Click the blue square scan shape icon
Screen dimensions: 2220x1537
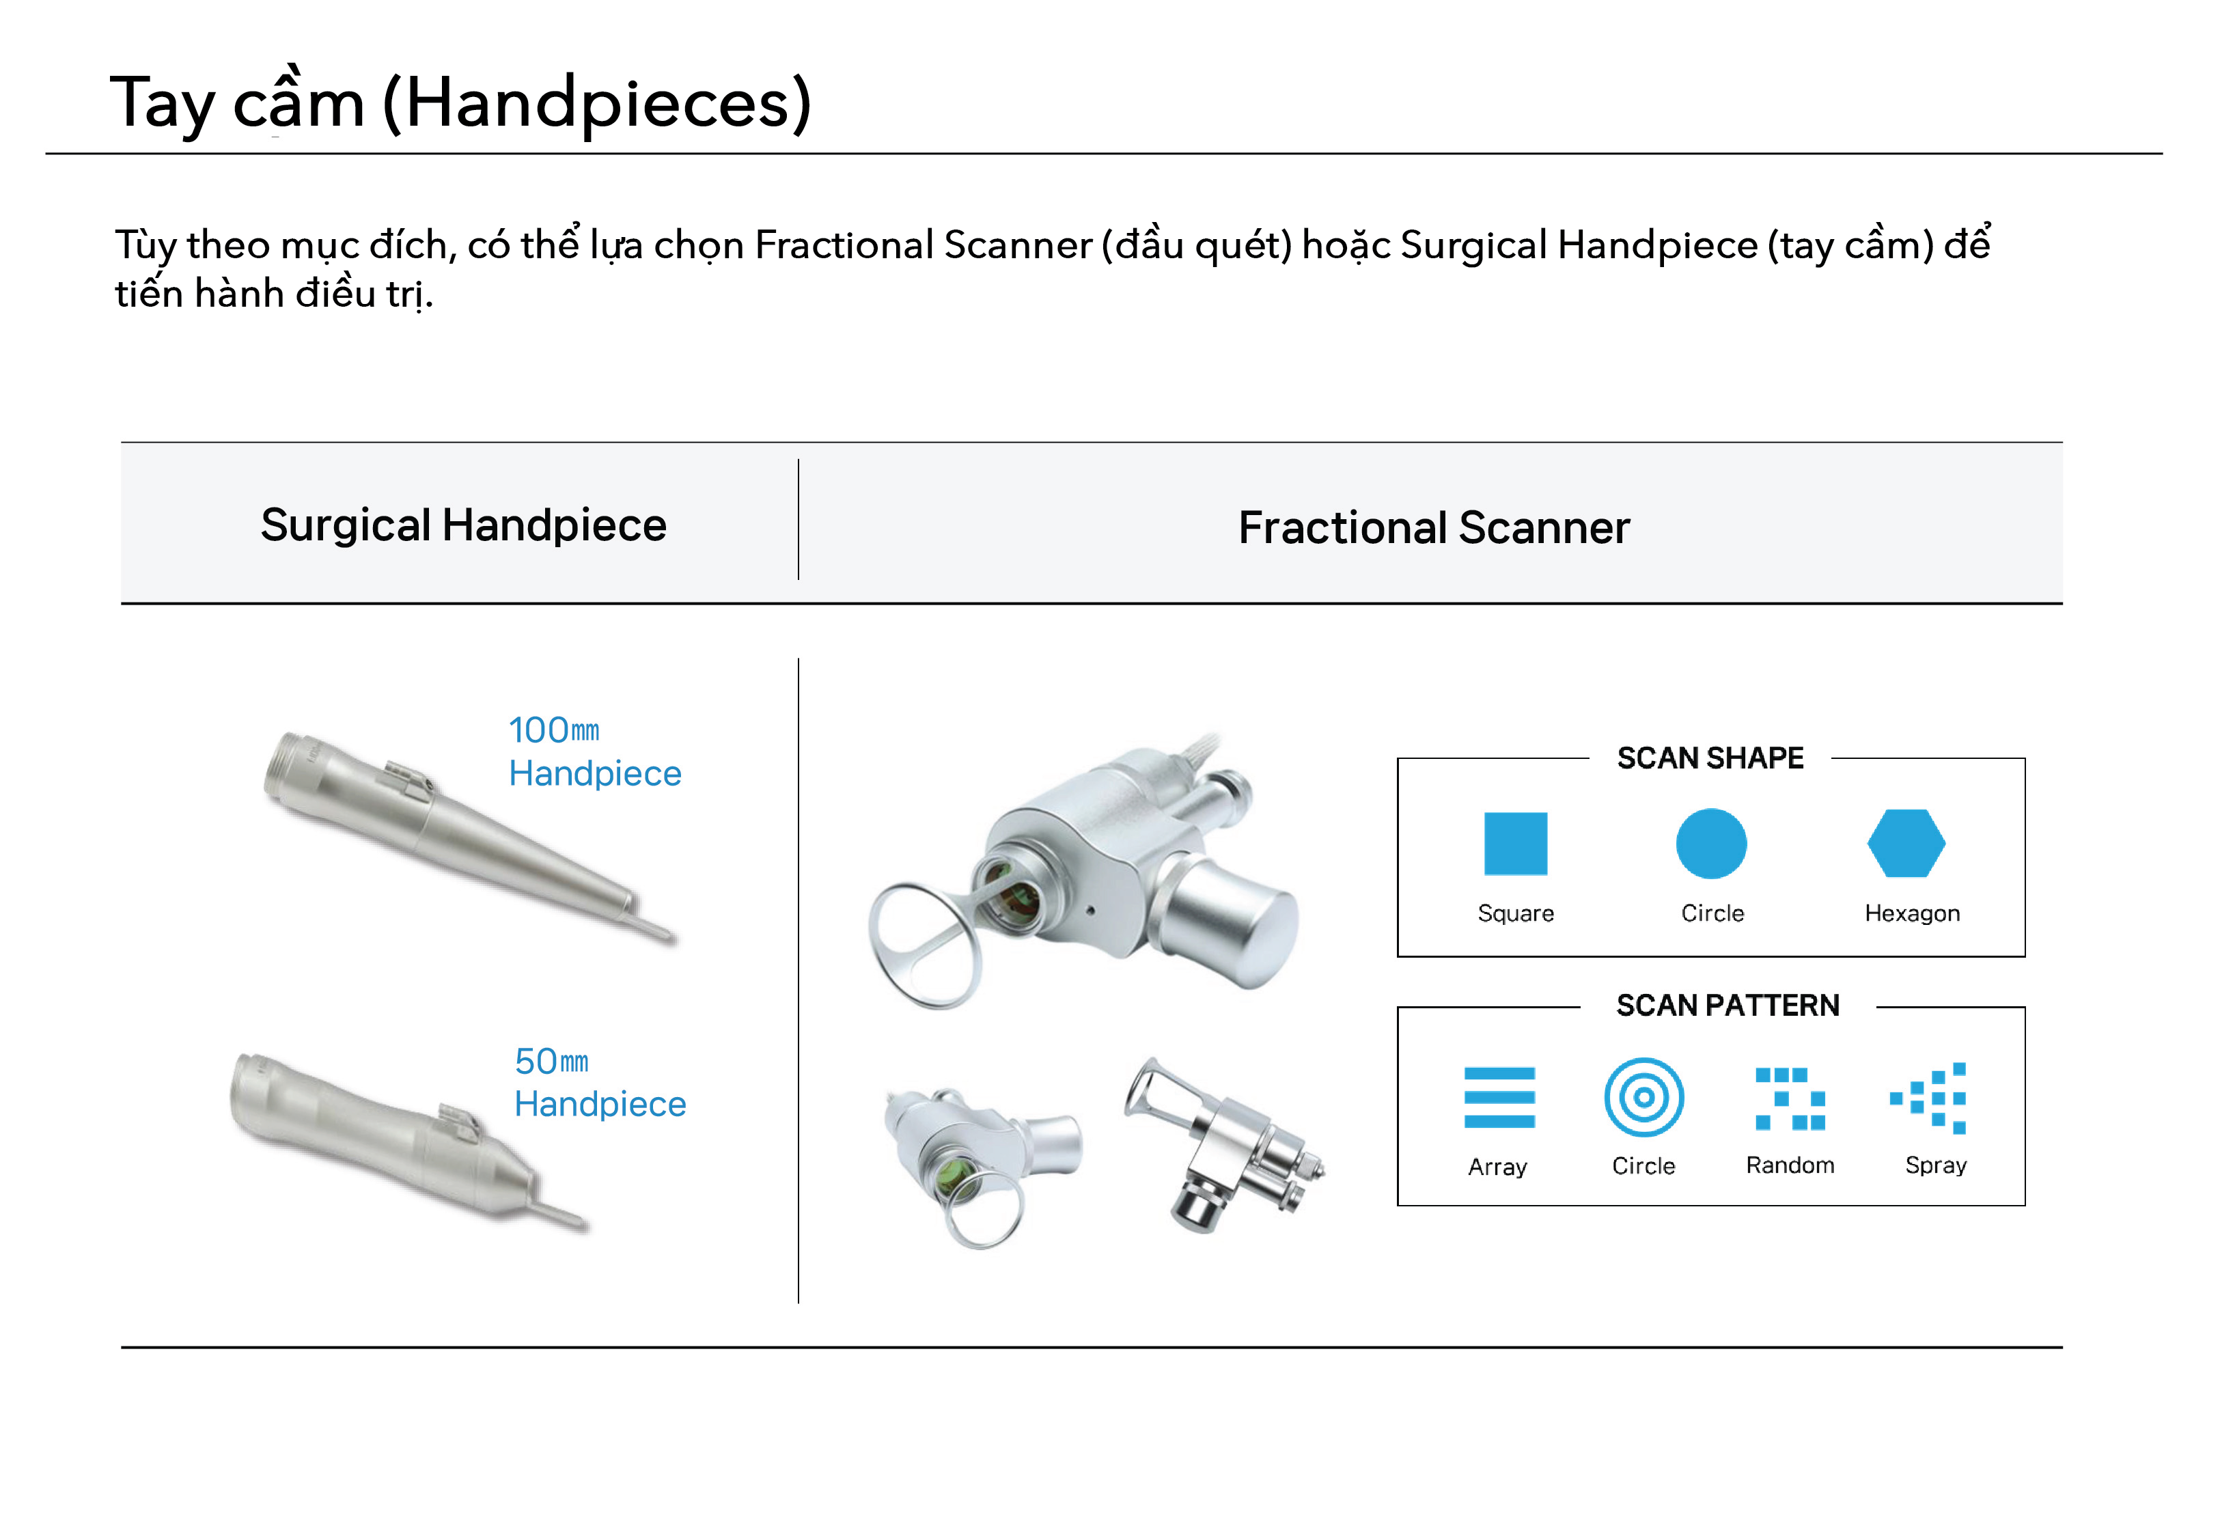coord(1514,844)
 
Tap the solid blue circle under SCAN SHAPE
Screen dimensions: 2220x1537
coord(1710,844)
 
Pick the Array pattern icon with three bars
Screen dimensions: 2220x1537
coord(1499,1097)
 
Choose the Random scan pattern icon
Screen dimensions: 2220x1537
coord(1790,1098)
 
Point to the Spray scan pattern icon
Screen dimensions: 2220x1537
coord(1928,1098)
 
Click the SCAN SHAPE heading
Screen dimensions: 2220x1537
coord(1710,758)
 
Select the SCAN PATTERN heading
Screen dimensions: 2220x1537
coord(1727,1006)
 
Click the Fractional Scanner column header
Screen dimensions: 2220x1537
coord(1434,528)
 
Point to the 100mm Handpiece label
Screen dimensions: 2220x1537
coord(594,751)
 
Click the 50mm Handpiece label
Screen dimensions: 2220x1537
coord(600,1083)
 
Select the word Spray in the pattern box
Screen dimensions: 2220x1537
coord(1935,1165)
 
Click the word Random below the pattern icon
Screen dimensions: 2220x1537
coord(1790,1165)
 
